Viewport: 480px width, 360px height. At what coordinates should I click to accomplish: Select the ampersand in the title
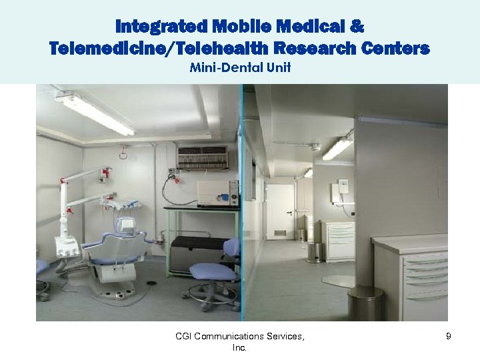(356, 27)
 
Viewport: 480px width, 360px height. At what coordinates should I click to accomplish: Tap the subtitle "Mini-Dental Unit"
(240, 67)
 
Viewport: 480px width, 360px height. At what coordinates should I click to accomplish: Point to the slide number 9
(449, 337)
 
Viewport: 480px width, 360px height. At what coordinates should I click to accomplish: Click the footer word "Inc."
(240, 348)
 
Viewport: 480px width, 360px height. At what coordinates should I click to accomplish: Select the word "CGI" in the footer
(185, 337)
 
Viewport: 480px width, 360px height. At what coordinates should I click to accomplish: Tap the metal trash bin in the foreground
(365, 303)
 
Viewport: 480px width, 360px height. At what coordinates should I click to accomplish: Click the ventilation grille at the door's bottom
(281, 233)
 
